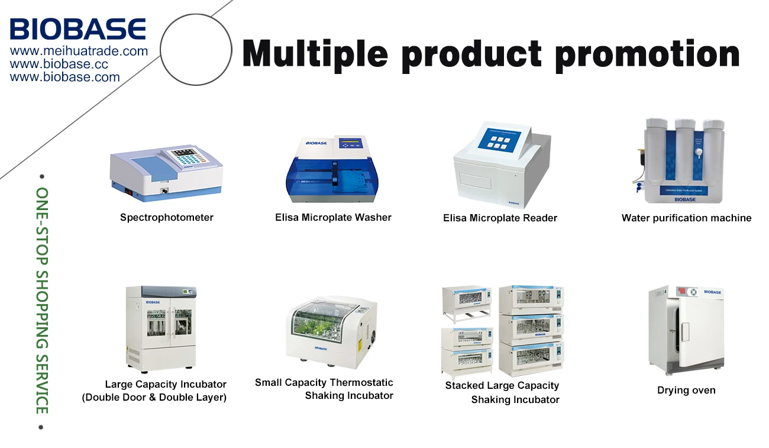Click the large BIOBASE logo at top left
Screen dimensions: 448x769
point(77,29)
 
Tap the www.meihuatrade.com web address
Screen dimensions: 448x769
point(79,51)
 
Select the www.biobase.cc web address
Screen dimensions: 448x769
point(59,65)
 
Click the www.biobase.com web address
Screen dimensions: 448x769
point(64,77)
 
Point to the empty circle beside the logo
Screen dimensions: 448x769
point(196,50)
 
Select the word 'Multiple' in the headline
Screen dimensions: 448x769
point(315,54)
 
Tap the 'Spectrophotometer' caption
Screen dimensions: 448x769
point(166,217)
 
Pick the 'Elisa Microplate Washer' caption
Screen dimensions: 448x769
point(333,217)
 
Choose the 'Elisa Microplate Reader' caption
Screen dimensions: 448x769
point(500,218)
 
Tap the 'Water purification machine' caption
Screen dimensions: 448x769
point(686,218)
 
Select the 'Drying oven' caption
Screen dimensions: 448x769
point(686,390)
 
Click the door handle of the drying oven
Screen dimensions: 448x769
point(685,331)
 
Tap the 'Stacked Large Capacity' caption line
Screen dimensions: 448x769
point(502,385)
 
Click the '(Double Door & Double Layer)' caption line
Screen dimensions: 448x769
point(154,397)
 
